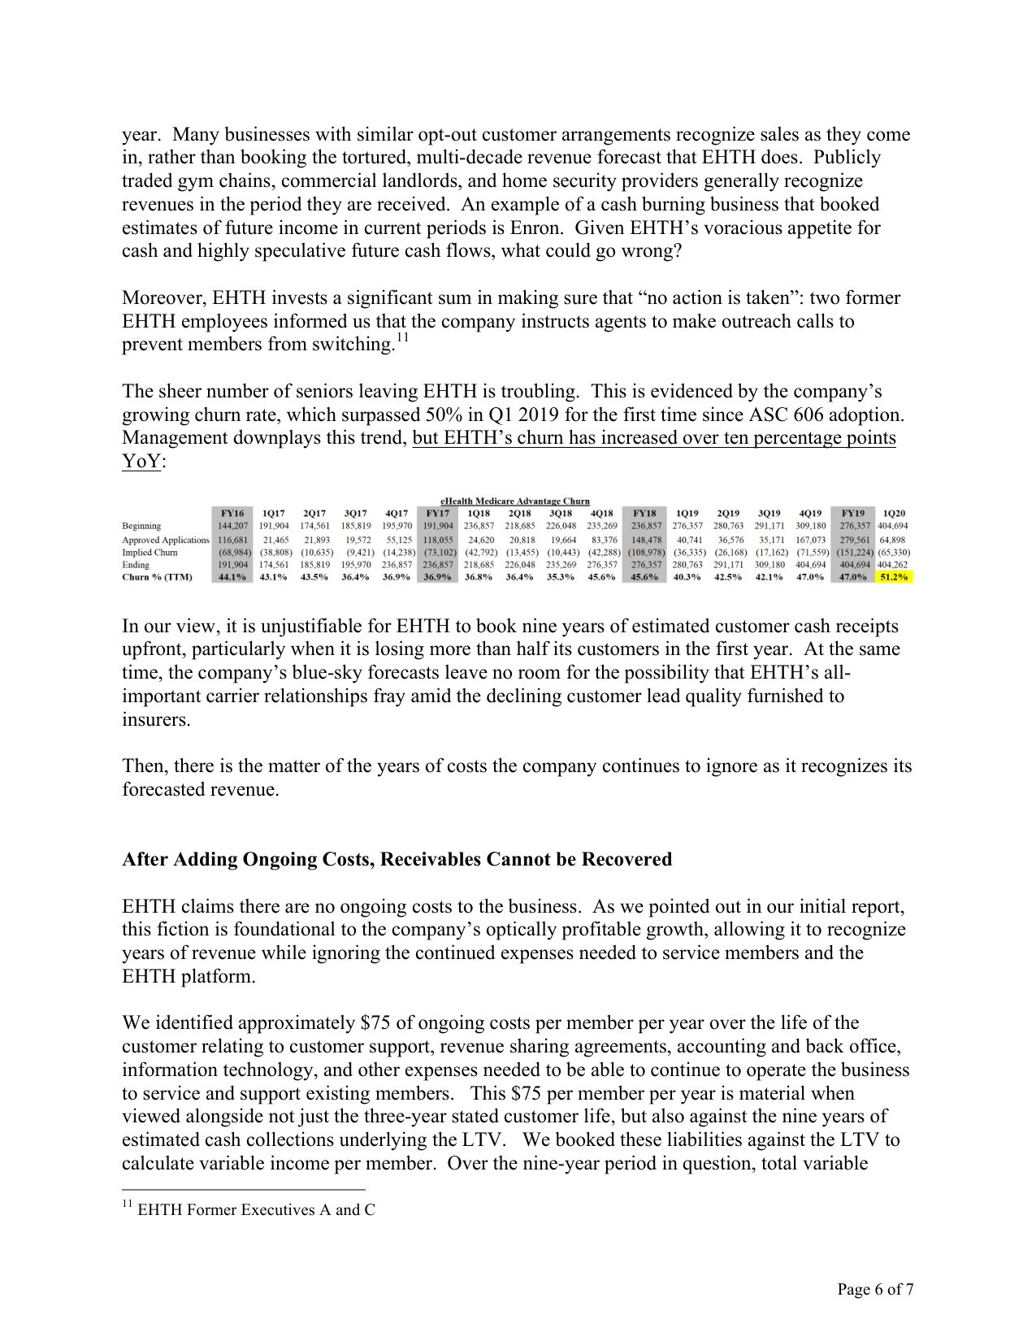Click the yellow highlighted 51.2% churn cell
click(x=892, y=577)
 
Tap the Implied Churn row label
click(x=150, y=552)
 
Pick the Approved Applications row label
click(x=165, y=540)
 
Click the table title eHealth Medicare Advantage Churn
click(x=514, y=501)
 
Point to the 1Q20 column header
click(x=893, y=514)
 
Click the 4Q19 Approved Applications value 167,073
click(x=810, y=540)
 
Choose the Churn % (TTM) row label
click(x=157, y=577)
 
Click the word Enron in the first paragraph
click(x=538, y=228)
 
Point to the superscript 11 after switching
click(x=401, y=338)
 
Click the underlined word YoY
click(x=140, y=462)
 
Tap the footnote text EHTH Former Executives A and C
click(x=256, y=1209)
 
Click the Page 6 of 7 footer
click(x=876, y=1289)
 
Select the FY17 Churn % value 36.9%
click(x=437, y=577)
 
